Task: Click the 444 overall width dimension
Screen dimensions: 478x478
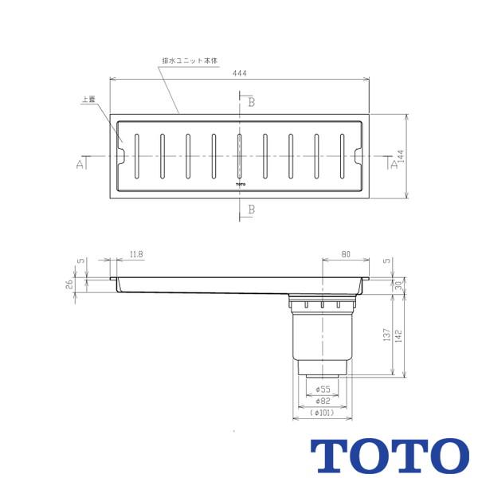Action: tap(240, 72)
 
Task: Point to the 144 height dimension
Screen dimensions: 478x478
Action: tap(402, 158)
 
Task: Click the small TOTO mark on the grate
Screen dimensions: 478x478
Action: tap(240, 184)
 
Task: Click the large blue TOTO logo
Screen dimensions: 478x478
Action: tap(390, 455)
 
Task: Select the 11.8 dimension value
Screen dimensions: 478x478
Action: tap(136, 255)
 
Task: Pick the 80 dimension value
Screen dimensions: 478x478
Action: tap(345, 255)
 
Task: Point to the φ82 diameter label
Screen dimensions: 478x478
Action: tap(323, 401)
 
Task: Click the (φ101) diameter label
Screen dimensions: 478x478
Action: tap(323, 413)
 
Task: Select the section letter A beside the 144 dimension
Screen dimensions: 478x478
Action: tap(393, 164)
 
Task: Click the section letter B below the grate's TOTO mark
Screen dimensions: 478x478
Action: tap(250, 209)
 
